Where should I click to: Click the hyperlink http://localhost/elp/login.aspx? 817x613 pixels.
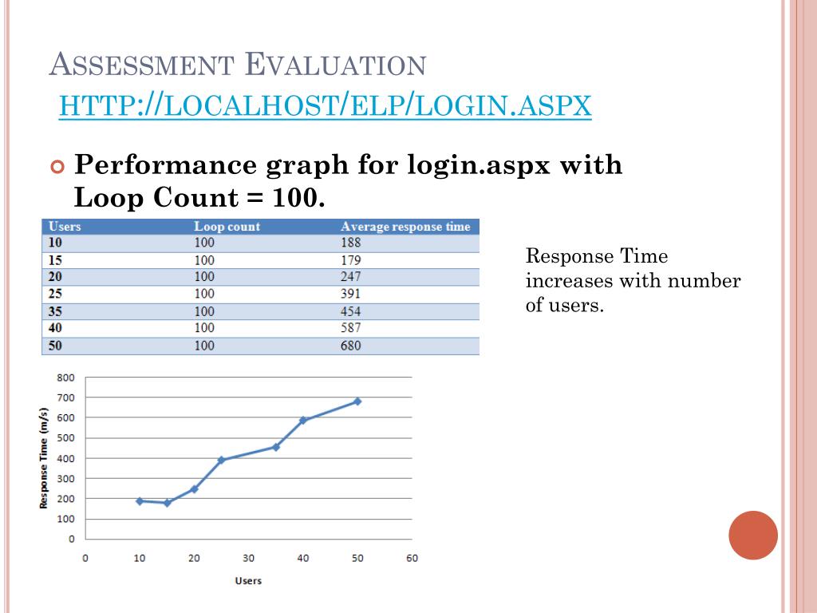pos(326,104)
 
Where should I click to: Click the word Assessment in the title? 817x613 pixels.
pos(140,64)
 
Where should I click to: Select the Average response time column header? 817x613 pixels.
pos(405,227)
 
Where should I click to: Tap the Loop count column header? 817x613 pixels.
pos(227,227)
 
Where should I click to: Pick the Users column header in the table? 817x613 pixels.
pos(65,227)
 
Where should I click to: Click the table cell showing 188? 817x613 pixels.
pos(350,243)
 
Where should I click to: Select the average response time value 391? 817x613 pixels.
pos(350,294)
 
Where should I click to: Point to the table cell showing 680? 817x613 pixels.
pos(350,346)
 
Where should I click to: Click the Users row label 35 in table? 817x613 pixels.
pos(56,311)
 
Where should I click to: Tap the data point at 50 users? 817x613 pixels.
pos(357,401)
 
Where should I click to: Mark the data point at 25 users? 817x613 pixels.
pos(221,460)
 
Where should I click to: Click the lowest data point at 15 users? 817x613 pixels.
pos(167,503)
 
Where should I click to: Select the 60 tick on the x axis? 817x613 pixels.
pos(412,558)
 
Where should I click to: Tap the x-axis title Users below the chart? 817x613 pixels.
pos(248,580)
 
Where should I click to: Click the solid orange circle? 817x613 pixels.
pos(753,536)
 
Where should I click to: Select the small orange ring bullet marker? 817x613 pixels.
pos(56,168)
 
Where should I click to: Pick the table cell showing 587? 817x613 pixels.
pos(350,328)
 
